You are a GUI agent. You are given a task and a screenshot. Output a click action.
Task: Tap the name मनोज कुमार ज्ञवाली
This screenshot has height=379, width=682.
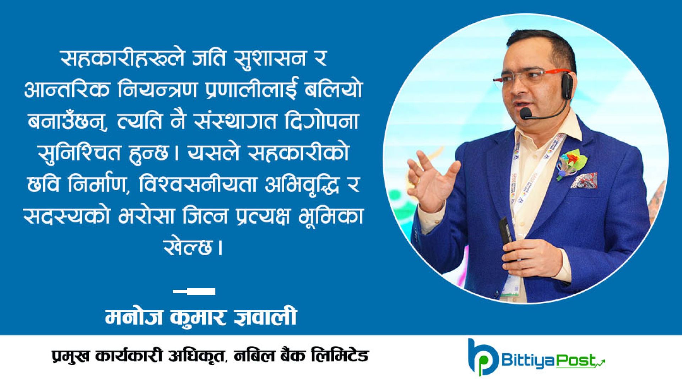click(x=201, y=316)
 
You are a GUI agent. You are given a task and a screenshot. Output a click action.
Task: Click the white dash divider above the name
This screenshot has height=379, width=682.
click(x=194, y=292)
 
